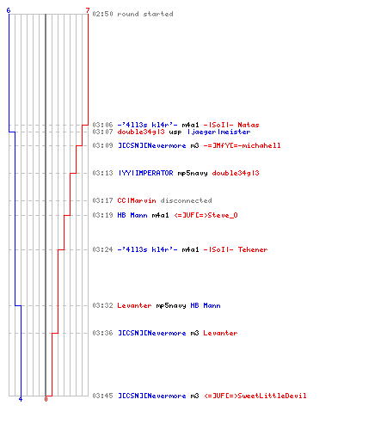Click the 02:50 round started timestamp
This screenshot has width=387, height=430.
102,14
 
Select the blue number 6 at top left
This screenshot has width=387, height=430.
9,10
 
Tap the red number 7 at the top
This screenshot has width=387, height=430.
88,10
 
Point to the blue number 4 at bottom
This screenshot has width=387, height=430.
21,399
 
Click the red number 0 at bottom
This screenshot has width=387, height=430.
46,399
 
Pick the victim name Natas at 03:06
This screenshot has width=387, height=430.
249,125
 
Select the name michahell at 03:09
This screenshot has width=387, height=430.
261,145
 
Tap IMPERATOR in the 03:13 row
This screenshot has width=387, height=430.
154,173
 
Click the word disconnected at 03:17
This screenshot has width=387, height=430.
186,200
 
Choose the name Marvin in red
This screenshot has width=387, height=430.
143,200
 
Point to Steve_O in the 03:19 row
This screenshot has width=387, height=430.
223,215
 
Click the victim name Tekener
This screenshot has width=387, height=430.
253,249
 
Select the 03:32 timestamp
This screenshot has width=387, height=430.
102,305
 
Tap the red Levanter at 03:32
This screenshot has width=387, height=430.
134,305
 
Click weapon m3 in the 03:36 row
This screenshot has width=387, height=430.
194,333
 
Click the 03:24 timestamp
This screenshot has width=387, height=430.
102,249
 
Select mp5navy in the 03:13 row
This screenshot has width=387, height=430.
193,174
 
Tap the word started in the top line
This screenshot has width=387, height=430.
158,14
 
